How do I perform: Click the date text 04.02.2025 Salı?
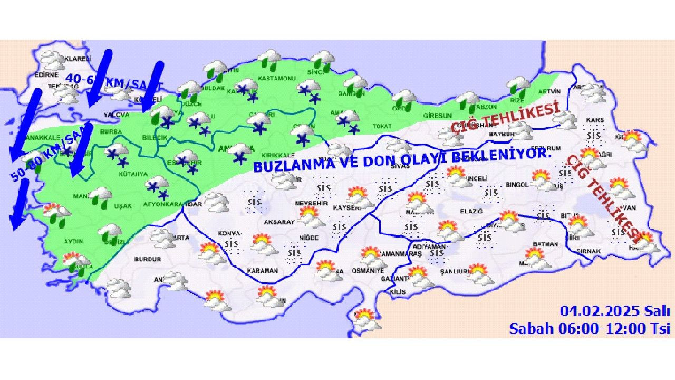(x=614, y=311)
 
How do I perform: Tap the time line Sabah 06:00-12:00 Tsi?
(x=590, y=328)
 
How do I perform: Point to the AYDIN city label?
(x=74, y=241)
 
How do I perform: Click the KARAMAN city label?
(x=262, y=271)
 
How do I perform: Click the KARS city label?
(x=597, y=120)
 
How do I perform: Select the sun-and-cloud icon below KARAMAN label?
(x=268, y=296)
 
